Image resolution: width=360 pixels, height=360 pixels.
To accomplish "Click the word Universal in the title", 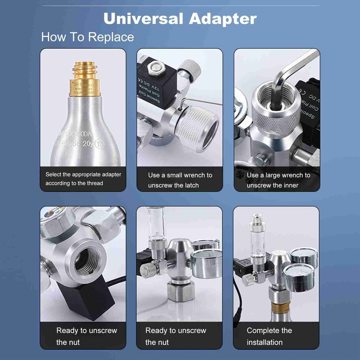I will (143, 18).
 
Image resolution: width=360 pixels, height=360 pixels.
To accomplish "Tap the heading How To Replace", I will (87, 36).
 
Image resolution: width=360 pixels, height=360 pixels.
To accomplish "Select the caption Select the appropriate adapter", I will (83, 179).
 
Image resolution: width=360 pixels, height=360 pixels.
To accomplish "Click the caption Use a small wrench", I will (180, 175).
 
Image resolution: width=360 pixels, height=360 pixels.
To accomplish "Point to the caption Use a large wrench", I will (278, 175).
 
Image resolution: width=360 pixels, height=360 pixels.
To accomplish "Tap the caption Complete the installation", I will (269, 336).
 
